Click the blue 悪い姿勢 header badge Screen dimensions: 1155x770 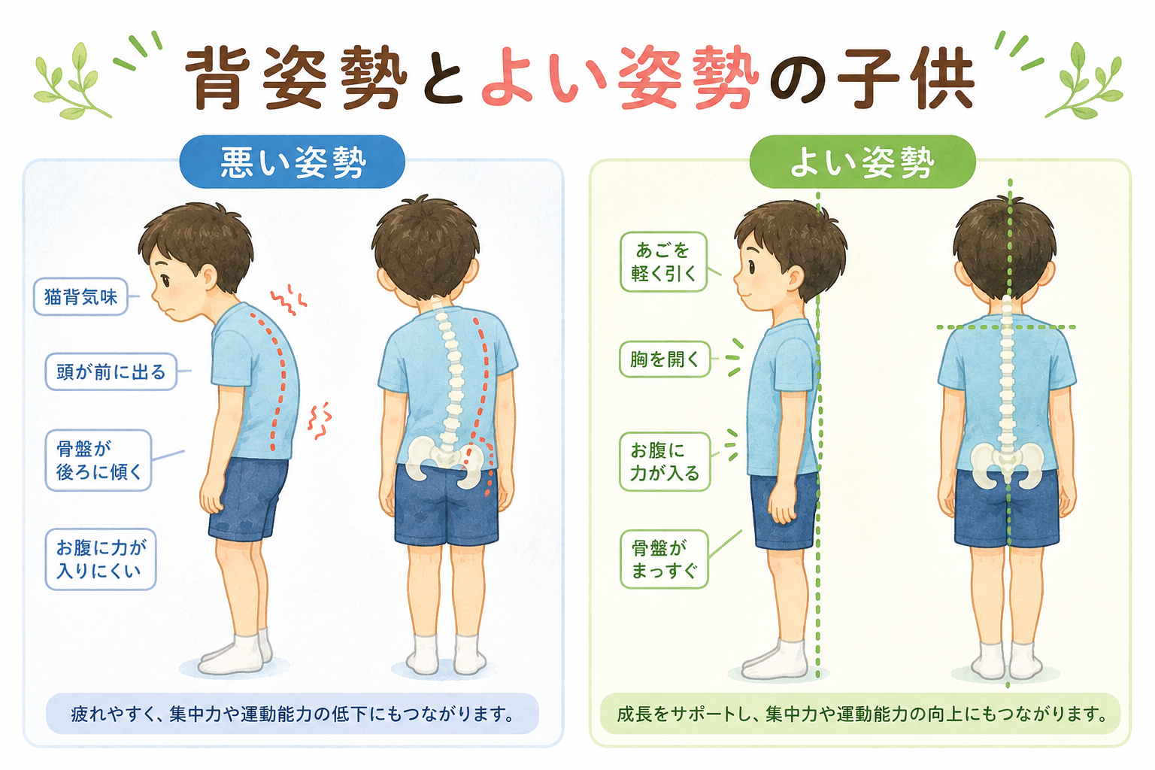(292, 162)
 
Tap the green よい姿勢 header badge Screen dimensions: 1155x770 (862, 162)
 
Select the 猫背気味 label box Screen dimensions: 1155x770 (81, 296)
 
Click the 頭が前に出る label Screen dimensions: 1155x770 (111, 371)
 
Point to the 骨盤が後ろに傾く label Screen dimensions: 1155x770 (99, 460)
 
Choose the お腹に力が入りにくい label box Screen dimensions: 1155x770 (101, 559)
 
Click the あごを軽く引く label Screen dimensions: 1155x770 (663, 262)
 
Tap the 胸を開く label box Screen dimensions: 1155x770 (665, 359)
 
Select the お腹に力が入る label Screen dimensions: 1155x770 (665, 462)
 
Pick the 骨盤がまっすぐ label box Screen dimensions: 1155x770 (664, 559)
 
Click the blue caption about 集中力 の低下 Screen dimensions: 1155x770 (293, 714)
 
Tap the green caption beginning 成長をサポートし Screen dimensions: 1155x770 (860, 714)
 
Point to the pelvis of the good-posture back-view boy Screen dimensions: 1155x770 (1007, 465)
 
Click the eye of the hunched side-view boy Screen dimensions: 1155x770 (165, 281)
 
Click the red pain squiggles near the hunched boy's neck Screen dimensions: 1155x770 (288, 299)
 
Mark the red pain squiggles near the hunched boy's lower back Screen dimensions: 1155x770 (319, 420)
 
